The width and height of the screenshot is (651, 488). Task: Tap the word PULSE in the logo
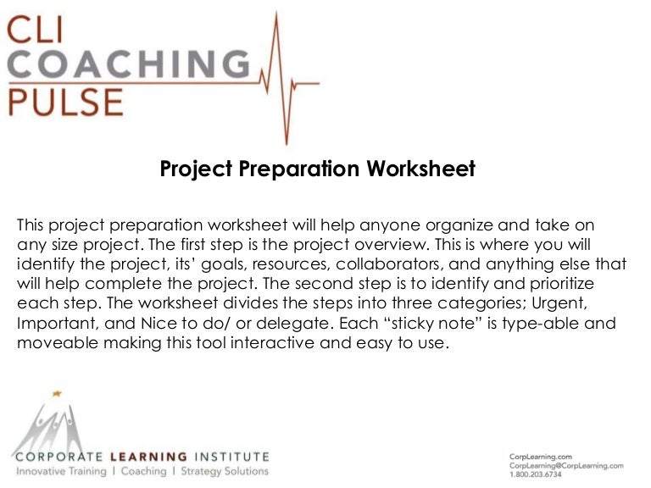tap(66, 102)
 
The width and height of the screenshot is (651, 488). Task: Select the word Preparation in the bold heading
tap(298, 169)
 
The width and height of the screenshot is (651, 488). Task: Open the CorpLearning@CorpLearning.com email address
tap(565, 466)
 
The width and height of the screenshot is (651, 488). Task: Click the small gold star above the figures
tap(58, 394)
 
